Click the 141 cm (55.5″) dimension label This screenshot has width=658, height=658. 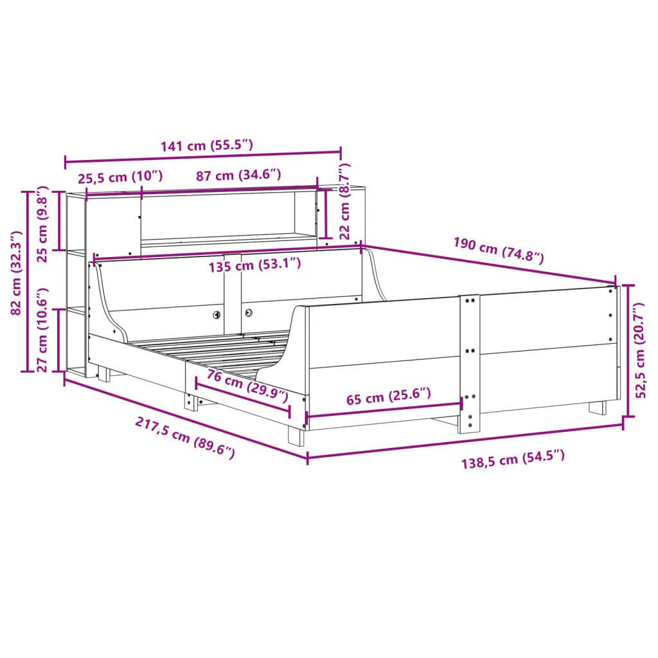(206, 145)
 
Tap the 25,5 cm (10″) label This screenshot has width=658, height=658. (120, 175)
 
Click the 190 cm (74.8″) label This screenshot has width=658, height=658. (499, 251)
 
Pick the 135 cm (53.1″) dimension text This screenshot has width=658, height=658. (254, 263)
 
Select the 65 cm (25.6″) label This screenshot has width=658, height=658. (389, 396)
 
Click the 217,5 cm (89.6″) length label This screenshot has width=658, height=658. (184, 437)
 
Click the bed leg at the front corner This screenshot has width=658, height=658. (296, 434)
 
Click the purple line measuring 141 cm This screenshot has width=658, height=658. (202, 157)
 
